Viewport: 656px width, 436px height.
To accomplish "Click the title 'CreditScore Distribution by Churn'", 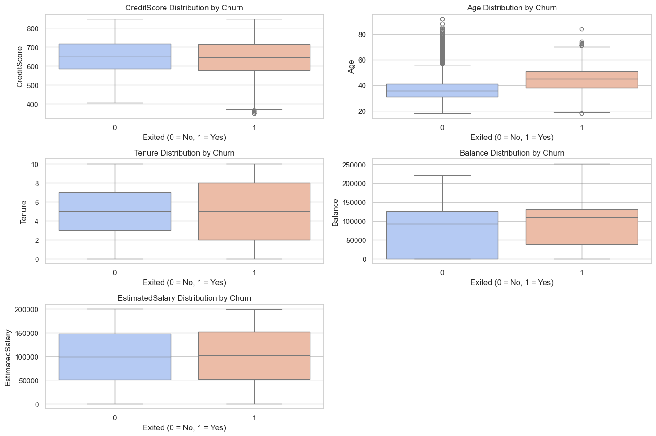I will [184, 8].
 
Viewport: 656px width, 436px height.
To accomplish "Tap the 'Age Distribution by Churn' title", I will [512, 8].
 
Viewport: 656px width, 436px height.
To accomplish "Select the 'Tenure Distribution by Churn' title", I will [184, 153].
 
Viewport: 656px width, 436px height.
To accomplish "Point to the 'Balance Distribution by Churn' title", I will [512, 153].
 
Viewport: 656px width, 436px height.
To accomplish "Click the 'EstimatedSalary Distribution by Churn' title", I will [184, 298].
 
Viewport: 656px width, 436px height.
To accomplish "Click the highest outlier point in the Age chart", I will [442, 19].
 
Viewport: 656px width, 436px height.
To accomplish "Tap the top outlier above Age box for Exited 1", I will [582, 29].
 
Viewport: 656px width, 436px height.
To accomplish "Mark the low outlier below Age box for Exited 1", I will [582, 113].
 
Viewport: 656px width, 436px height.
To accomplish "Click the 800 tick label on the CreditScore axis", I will [33, 28].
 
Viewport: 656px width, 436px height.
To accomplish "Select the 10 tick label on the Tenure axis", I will [35, 164].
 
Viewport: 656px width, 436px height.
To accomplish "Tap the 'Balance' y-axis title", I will [336, 212].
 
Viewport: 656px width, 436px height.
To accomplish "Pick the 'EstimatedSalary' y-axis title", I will [9, 357].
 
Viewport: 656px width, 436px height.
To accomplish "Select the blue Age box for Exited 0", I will [442, 90].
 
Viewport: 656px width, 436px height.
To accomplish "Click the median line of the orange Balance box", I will [582, 217].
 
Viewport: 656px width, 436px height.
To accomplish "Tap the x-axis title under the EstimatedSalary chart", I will [184, 427].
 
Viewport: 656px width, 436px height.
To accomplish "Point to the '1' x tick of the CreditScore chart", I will [254, 128].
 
